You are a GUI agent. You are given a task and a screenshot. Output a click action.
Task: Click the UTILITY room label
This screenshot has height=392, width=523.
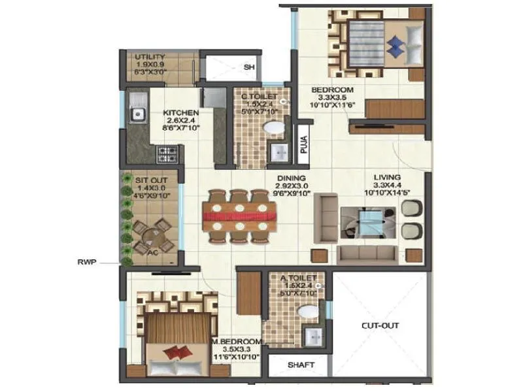click(150, 57)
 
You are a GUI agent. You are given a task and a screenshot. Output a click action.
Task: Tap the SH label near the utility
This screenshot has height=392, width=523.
click(248, 67)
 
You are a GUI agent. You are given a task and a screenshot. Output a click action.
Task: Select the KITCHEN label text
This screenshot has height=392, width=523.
click(181, 112)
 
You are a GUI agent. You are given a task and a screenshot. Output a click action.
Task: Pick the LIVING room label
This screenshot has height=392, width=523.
click(387, 177)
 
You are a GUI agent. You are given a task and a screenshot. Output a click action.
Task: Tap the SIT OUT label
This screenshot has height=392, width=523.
click(151, 179)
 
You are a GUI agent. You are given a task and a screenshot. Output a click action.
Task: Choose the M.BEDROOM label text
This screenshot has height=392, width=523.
click(241, 342)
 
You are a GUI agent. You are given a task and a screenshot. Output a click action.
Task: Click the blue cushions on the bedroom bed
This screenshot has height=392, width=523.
click(396, 43)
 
